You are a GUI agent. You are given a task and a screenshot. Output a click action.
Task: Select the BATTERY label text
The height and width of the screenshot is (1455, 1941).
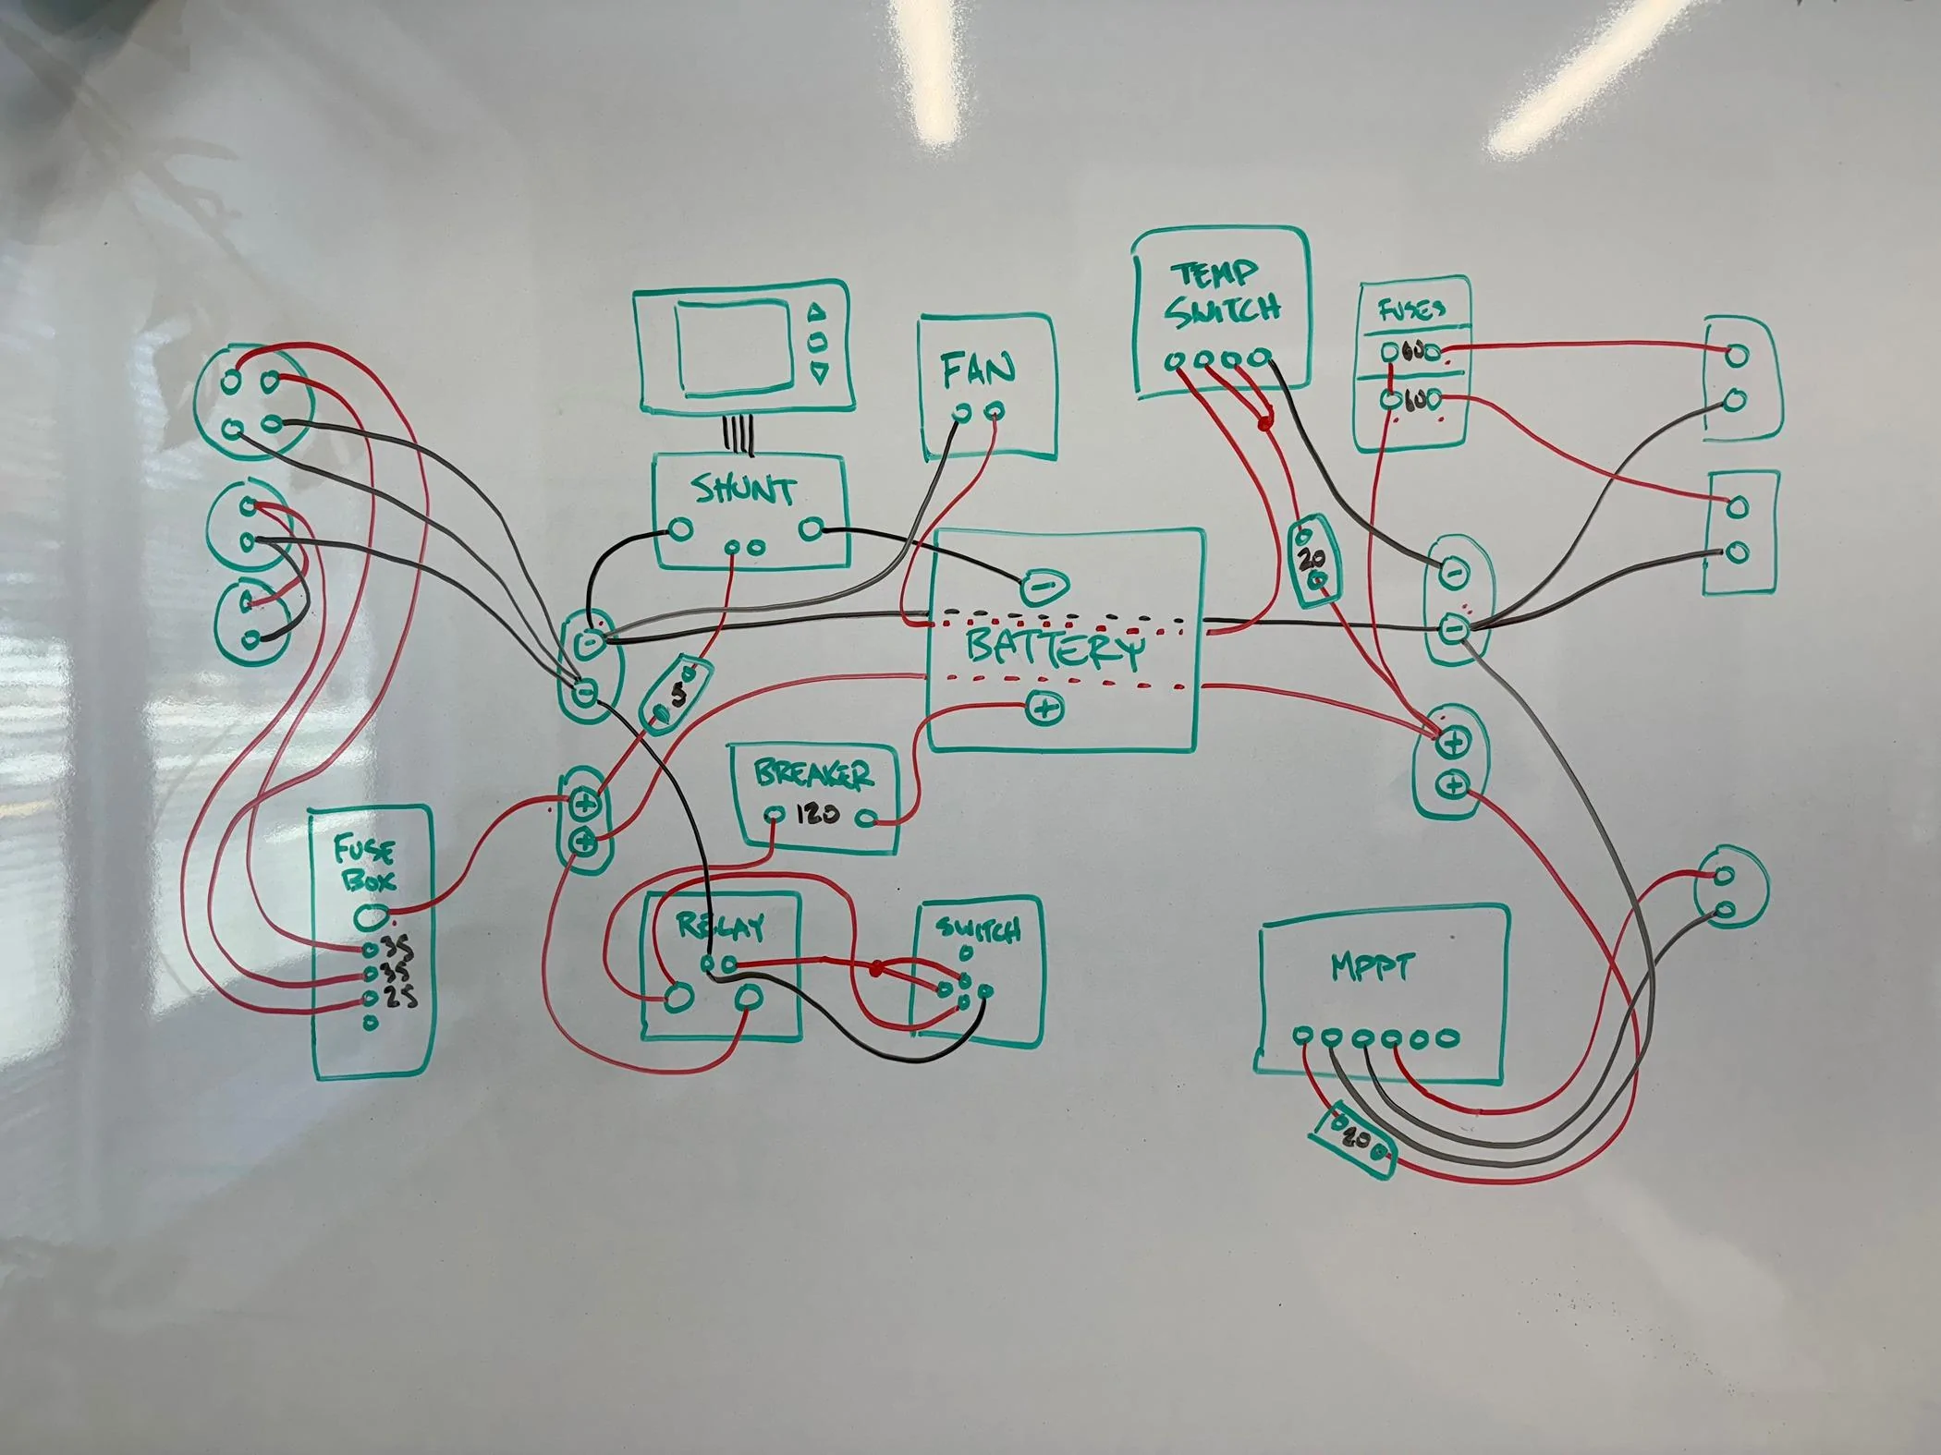[1054, 650]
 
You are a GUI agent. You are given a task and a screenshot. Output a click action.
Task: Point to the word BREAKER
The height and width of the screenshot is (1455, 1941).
[813, 775]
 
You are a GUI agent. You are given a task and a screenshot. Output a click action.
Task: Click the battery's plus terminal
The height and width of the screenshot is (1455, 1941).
[1044, 709]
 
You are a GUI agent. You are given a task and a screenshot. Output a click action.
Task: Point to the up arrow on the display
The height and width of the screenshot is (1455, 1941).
[817, 311]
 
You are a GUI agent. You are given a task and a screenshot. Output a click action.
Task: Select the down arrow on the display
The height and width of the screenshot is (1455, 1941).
[817, 372]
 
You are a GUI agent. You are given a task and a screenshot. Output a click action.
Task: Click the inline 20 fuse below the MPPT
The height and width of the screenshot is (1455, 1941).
[1352, 1138]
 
